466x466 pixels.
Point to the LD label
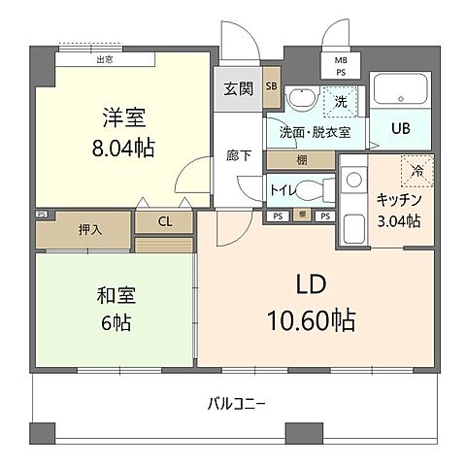[314, 285]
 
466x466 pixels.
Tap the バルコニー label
[235, 404]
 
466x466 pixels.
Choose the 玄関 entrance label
[239, 90]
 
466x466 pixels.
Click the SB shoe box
[272, 85]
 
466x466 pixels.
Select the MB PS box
[341, 66]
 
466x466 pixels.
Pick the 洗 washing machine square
[340, 100]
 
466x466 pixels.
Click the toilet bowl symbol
[311, 186]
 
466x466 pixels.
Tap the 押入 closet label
[89, 229]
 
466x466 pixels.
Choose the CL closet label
[166, 222]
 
